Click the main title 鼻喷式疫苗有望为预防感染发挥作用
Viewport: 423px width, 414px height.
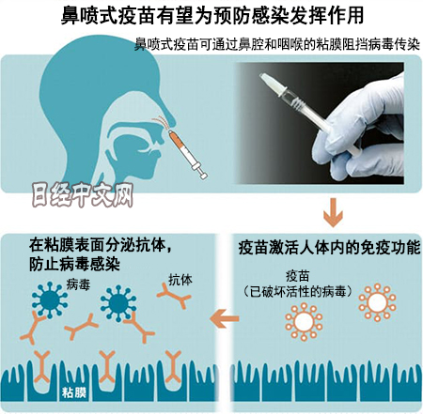(x=212, y=15)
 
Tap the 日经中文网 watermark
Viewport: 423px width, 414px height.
(x=83, y=195)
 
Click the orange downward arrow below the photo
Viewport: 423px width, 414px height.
(x=333, y=212)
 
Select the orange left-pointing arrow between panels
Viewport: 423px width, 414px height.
(x=225, y=318)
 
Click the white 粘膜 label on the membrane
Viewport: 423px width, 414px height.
(x=74, y=392)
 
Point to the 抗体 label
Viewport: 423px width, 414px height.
(x=180, y=280)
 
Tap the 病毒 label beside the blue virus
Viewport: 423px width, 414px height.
(x=78, y=284)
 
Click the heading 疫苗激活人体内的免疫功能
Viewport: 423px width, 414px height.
(x=329, y=248)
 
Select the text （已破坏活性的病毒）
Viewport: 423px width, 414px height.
(x=297, y=292)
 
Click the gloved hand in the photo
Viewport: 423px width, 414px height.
(x=361, y=132)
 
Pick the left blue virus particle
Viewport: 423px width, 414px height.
(x=50, y=299)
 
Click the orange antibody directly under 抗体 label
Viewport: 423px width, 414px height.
(x=175, y=296)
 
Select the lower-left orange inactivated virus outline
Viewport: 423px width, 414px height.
(x=304, y=321)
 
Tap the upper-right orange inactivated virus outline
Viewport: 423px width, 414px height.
(x=377, y=302)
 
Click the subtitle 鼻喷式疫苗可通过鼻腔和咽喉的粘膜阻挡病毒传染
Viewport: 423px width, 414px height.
(x=277, y=45)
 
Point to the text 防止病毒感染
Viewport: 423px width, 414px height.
(x=74, y=265)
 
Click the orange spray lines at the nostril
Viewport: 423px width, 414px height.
(x=162, y=122)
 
